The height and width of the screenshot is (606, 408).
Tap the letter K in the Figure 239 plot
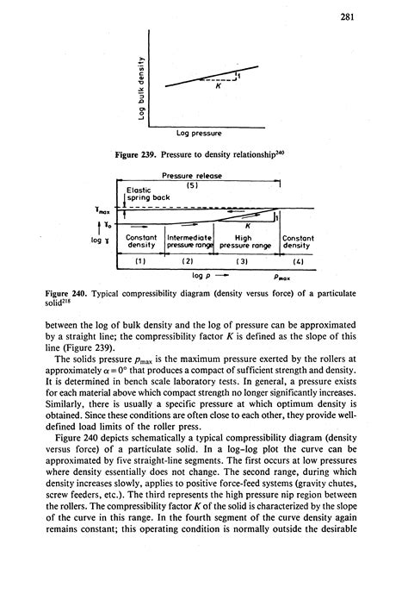[x=219, y=87]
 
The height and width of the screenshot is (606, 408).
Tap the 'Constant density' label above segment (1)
[x=140, y=241]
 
